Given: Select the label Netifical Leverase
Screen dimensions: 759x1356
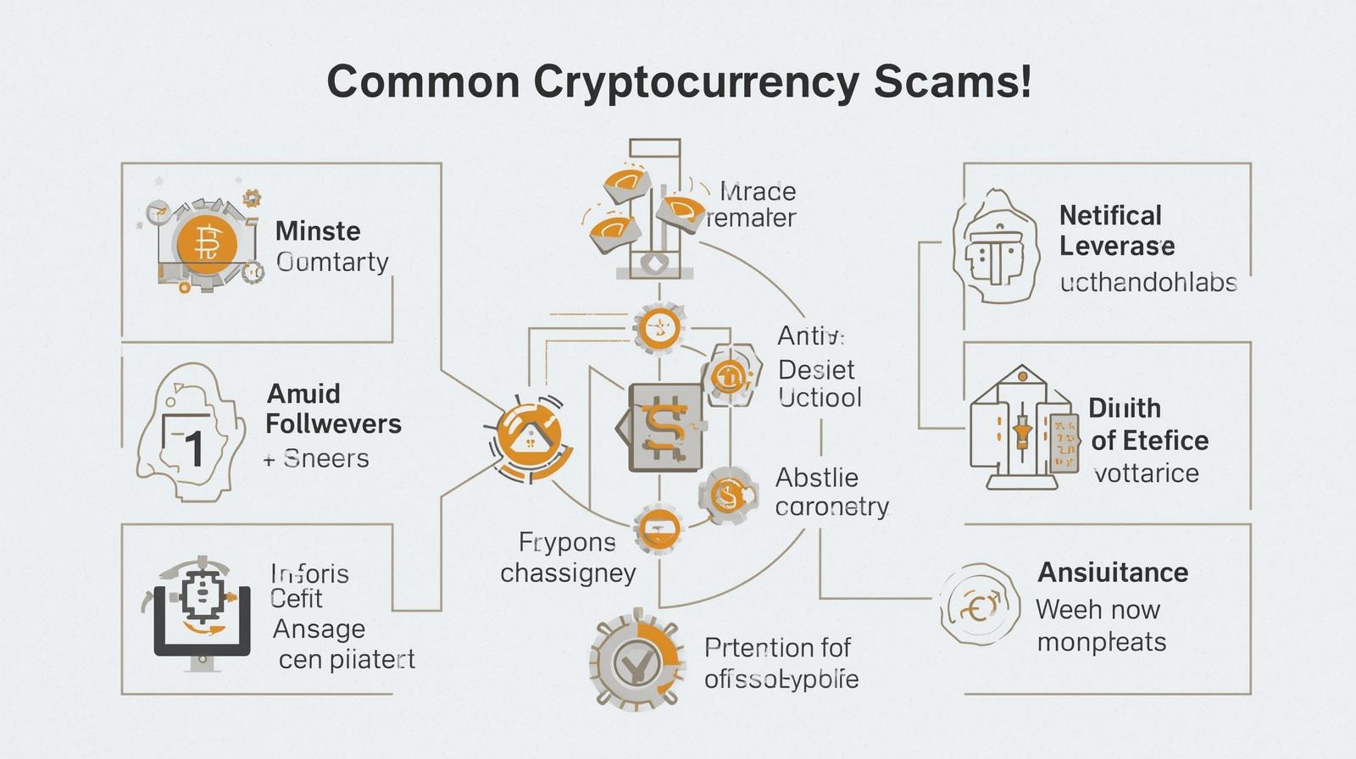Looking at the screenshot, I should [1116, 230].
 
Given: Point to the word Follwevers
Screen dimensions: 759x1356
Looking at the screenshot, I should [333, 424].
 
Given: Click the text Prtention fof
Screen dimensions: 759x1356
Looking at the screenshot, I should [777, 648].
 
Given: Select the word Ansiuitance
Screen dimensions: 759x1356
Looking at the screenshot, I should [1113, 573].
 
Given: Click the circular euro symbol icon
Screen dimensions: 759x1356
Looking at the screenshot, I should [979, 604].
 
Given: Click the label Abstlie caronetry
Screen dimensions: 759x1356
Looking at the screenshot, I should [831, 492].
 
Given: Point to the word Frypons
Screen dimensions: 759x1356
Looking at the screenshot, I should [567, 541].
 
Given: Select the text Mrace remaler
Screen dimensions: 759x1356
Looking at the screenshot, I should [752, 204].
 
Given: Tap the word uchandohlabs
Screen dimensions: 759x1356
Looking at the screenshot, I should [1148, 282].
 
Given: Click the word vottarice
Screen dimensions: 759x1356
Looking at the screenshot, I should [1146, 473].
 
